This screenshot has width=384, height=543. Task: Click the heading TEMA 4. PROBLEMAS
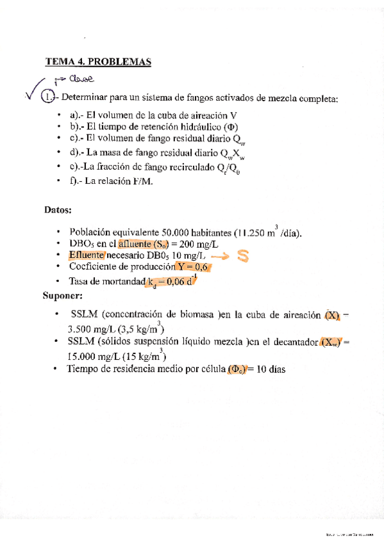pyautogui.click(x=97, y=62)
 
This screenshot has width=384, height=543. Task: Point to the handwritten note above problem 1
pyautogui.click(x=79, y=79)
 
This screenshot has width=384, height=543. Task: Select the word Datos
pyautogui.click(x=58, y=209)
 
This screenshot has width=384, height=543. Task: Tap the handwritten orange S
pyautogui.click(x=242, y=256)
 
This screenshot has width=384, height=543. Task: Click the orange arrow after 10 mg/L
pyautogui.click(x=220, y=255)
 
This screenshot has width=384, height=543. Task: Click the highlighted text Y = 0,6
pyautogui.click(x=195, y=267)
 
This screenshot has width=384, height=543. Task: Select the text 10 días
pyautogui.click(x=272, y=369)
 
